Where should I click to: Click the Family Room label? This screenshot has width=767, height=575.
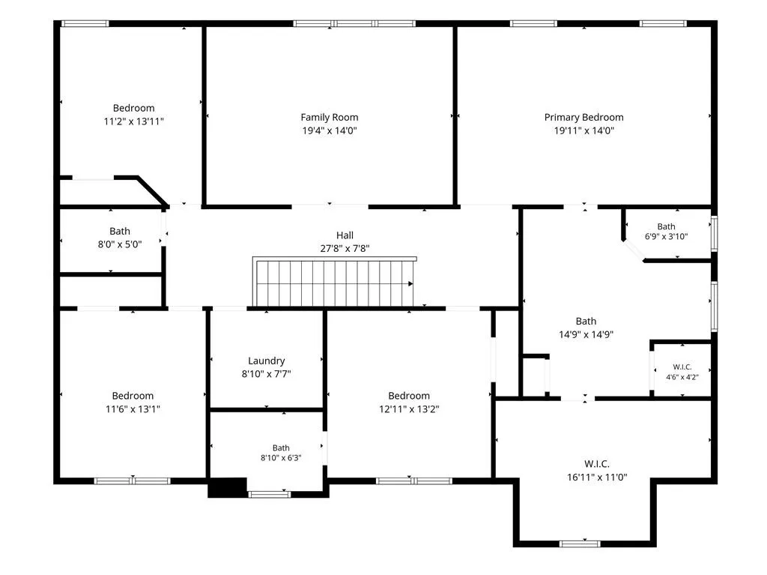click(330, 117)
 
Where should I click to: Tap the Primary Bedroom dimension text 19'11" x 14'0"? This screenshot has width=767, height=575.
click(583, 130)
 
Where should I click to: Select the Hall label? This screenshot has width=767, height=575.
click(345, 235)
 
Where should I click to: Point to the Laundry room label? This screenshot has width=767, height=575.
click(266, 361)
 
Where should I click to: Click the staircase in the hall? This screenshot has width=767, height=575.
click(335, 282)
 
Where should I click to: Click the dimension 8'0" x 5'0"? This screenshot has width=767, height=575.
click(120, 244)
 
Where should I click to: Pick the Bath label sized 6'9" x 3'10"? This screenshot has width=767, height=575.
click(666, 226)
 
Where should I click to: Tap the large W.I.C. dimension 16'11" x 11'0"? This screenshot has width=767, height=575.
click(597, 477)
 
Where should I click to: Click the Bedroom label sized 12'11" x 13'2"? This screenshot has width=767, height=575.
click(409, 396)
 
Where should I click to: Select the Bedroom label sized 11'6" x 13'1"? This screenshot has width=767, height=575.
click(133, 396)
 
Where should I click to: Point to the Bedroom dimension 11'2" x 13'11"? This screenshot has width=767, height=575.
click(133, 121)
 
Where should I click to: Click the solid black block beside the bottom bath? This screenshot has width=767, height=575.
click(228, 487)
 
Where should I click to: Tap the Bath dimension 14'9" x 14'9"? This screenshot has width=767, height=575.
click(586, 334)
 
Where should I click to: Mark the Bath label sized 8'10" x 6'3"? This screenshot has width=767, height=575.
click(281, 448)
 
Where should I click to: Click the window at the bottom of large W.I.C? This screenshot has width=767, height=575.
click(580, 544)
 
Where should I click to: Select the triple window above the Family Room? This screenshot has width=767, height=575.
click(354, 23)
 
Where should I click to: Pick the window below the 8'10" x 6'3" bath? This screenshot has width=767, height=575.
click(270, 494)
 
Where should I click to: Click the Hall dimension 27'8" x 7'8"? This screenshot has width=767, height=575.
click(345, 248)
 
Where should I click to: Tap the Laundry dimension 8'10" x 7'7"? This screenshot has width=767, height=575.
click(266, 374)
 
